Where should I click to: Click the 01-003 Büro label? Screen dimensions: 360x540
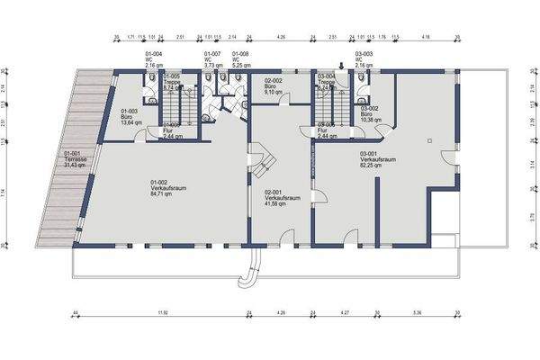(131, 116)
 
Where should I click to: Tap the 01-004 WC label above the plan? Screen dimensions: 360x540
(154, 59)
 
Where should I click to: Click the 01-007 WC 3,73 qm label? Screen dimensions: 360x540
(213, 59)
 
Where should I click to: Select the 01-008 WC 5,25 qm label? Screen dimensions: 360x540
(241, 59)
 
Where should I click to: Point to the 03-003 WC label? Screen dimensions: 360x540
(364, 59)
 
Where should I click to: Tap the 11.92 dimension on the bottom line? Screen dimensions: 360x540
(162, 312)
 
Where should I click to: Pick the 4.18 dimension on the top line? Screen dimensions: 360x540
(426, 38)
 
